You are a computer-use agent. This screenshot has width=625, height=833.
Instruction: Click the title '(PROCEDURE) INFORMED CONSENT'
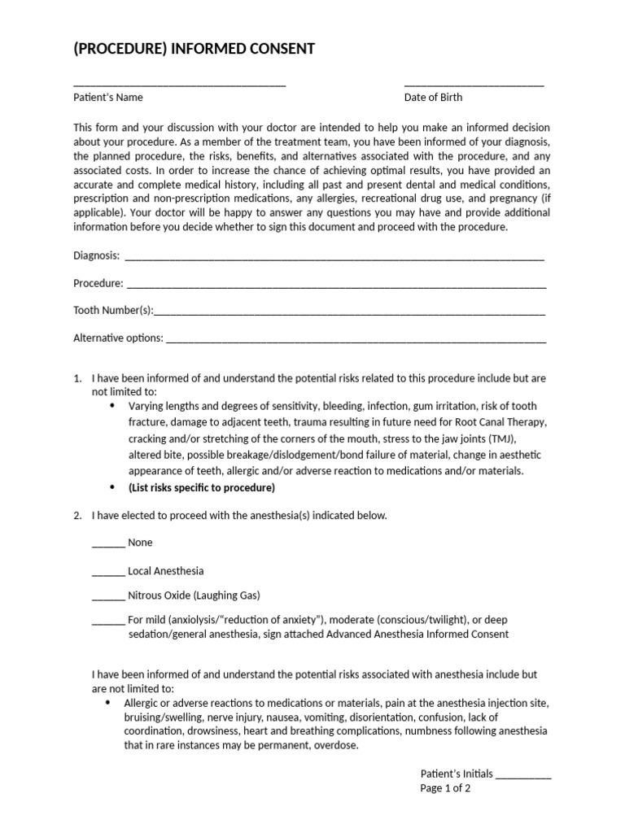194,50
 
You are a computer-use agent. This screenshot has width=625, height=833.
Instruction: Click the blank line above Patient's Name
179,85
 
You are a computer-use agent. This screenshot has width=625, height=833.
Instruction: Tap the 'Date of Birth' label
433,98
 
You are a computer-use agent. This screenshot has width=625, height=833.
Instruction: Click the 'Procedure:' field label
98,284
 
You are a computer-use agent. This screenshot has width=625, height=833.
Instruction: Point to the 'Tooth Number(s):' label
113,311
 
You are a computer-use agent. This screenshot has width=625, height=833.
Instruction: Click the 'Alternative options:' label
118,338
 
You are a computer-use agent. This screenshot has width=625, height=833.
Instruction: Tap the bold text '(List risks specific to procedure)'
202,488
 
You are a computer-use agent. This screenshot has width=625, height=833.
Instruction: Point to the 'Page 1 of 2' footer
445,788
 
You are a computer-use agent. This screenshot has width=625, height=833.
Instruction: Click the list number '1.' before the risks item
78,379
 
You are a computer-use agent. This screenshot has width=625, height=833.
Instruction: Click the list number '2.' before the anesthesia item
78,516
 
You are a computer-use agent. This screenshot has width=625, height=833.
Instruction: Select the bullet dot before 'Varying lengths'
111,405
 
